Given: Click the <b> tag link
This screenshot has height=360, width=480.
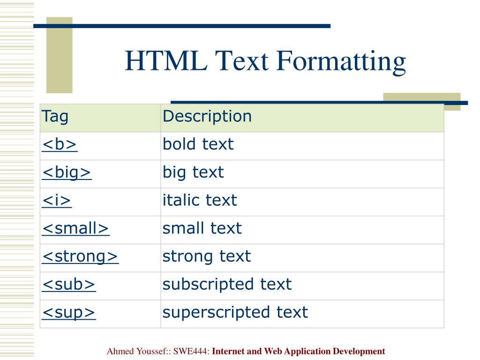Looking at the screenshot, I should point(60,145).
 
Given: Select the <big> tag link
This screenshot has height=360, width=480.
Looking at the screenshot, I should point(67,173).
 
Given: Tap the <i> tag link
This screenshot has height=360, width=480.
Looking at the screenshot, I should point(57,201).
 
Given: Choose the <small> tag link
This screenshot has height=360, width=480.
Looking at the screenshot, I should point(76,229).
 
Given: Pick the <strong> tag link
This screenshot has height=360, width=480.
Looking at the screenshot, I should point(80,256).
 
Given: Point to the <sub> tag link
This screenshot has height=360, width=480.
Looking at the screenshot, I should point(69,285).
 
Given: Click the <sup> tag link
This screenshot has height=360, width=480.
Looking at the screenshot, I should point(69,312).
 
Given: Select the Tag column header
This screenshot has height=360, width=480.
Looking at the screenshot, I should point(55,117).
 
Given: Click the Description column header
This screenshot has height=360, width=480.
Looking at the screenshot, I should point(207,117).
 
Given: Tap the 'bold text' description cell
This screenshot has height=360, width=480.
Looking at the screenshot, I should point(198,144).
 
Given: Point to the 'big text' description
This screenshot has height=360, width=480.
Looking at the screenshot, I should point(193,172).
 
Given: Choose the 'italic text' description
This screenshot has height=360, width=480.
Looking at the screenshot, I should point(200,201).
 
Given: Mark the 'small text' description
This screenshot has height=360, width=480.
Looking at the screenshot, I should point(202,229).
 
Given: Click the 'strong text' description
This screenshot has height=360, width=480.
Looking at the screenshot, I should point(207,256).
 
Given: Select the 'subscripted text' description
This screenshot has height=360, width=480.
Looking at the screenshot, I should point(227,285).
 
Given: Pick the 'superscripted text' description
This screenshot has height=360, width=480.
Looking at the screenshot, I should point(235,312).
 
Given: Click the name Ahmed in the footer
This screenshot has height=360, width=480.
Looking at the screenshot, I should point(120,351).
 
